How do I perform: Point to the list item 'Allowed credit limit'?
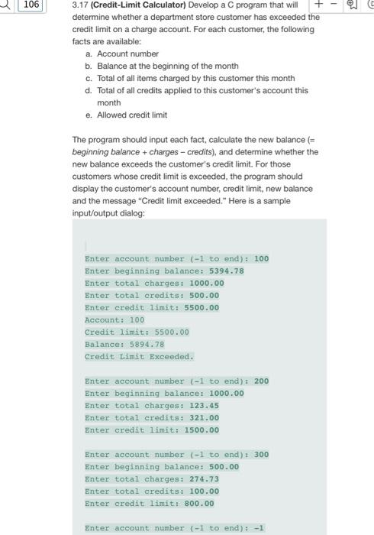tap(131, 115)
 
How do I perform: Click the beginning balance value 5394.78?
tap(227, 271)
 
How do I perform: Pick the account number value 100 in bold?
tap(261, 258)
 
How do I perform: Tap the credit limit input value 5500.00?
tap(202, 307)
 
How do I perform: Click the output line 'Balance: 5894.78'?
tap(124, 344)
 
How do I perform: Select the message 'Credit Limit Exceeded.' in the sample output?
tap(139, 356)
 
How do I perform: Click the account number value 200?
tap(261, 381)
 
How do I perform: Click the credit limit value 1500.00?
tap(202, 430)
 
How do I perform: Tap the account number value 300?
tap(261, 454)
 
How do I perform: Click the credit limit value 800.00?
tap(199, 503)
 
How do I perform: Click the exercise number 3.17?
tap(80, 5)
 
